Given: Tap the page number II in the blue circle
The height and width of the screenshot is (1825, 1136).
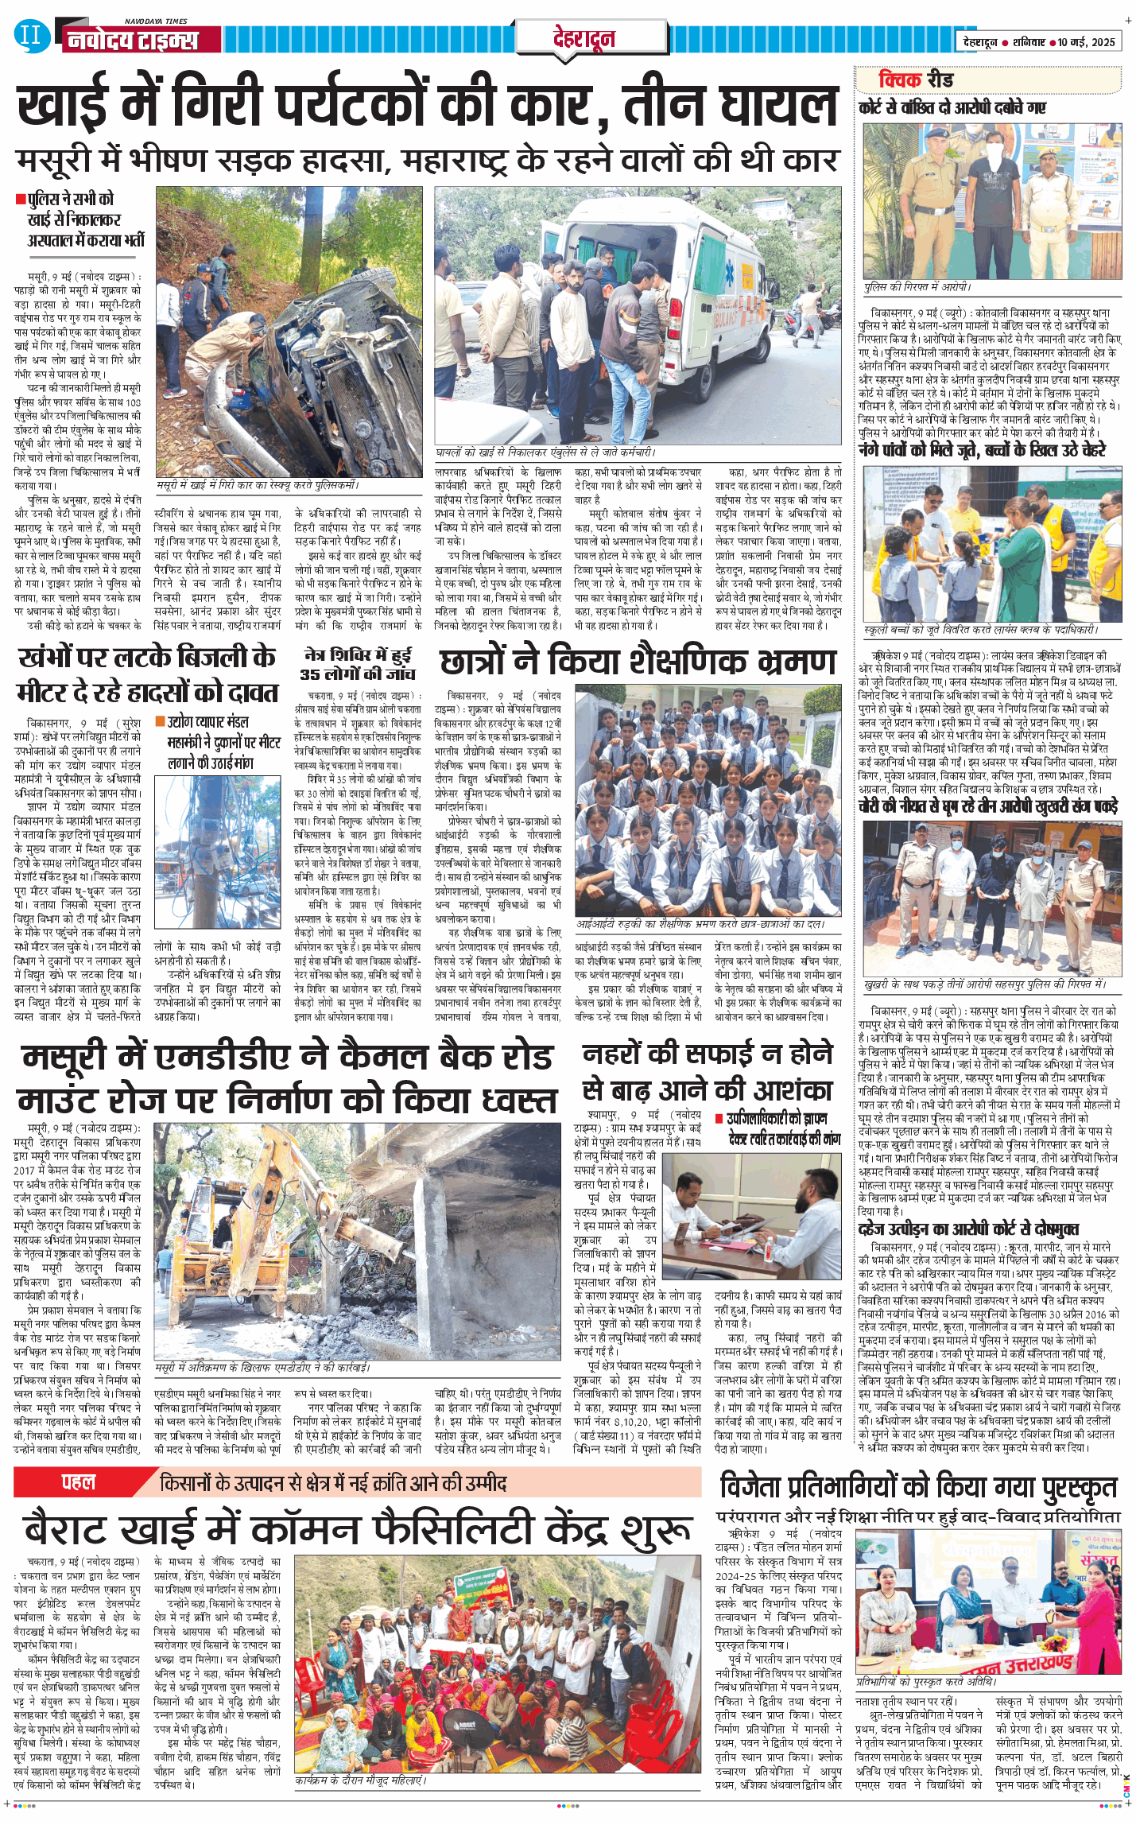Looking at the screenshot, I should click(30, 36).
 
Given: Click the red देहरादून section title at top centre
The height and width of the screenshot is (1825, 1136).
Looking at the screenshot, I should click(584, 38).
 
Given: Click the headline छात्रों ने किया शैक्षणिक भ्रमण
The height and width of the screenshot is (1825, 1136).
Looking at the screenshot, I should click(638, 662).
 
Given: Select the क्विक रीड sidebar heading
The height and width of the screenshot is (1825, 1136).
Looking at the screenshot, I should click(915, 80).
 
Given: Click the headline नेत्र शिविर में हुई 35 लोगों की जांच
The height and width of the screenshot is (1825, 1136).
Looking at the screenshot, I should click(358, 664).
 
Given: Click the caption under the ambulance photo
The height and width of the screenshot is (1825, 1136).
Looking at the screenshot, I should click(545, 452).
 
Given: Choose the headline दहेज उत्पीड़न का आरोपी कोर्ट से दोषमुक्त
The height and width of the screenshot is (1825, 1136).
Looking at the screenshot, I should click(967, 1229).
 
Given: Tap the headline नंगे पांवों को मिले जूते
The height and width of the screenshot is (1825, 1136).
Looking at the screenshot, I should click(982, 449).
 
